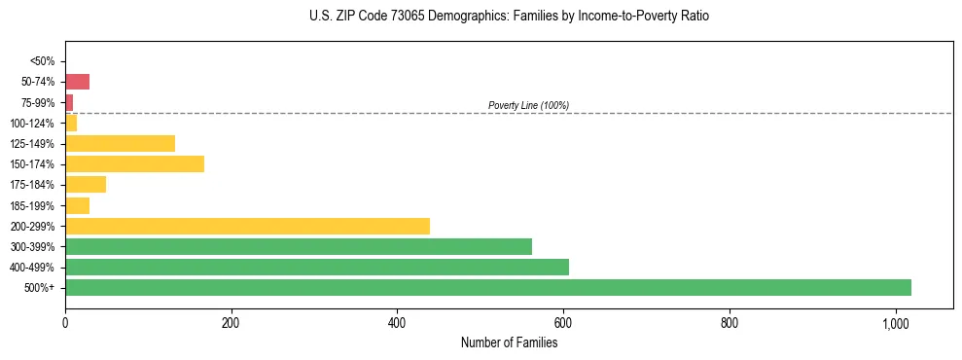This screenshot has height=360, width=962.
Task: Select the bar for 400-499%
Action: click(317, 267)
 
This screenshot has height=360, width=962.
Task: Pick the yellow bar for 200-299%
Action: click(247, 226)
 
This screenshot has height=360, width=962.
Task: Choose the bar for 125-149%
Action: click(120, 143)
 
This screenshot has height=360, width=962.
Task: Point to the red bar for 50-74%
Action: click(77, 82)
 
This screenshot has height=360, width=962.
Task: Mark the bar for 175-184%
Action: click(86, 185)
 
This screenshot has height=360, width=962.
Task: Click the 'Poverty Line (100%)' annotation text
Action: click(528, 105)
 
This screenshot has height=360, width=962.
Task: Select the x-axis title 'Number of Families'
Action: click(509, 342)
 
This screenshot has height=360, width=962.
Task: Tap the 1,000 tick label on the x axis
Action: click(895, 323)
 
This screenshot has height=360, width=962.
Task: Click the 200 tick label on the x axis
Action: click(231, 323)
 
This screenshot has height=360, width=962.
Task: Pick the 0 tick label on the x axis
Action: click(65, 323)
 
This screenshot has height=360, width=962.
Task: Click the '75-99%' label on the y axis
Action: click(38, 102)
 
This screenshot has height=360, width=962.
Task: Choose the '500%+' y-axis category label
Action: click(40, 288)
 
